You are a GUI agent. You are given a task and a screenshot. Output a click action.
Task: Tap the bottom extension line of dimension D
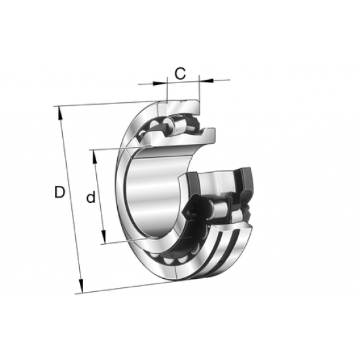click(x=124, y=287)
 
